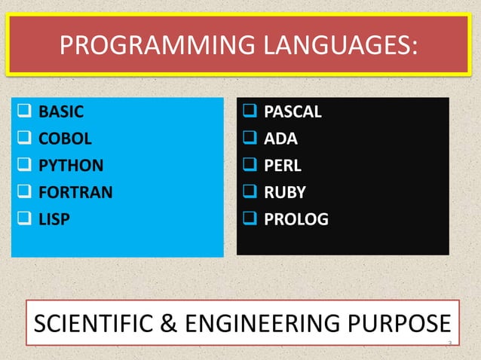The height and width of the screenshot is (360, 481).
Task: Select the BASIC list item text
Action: [61, 113]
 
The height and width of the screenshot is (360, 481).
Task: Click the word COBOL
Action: [65, 139]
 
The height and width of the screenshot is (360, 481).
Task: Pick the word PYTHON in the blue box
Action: [71, 166]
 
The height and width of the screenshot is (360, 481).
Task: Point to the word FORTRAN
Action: [75, 192]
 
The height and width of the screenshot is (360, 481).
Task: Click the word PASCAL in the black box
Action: [293, 113]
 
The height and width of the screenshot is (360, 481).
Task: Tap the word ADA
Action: [280, 139]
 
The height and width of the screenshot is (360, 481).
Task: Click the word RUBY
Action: [284, 192]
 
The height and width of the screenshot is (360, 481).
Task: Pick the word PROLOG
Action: [296, 219]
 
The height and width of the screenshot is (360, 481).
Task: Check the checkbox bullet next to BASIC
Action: [24, 114]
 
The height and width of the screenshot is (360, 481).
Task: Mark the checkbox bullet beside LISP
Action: [24, 219]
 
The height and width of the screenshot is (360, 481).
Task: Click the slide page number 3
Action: [449, 344]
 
